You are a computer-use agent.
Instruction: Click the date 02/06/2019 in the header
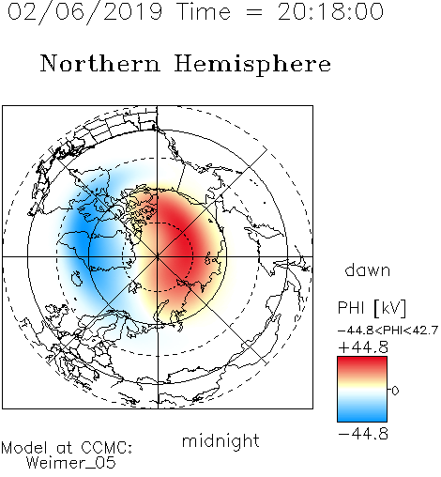[85, 12]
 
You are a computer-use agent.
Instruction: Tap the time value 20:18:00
[330, 11]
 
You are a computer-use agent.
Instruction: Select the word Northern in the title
[100, 63]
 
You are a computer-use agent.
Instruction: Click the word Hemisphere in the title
[252, 65]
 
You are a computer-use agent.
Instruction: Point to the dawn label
[368, 269]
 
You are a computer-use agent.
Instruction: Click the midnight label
[220, 441]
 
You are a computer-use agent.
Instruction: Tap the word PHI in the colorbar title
[351, 307]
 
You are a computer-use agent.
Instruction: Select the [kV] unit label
[390, 308]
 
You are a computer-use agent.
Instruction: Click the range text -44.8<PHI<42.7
[388, 331]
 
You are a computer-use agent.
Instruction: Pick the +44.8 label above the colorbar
[363, 347]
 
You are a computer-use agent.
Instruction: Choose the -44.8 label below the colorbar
[363, 434]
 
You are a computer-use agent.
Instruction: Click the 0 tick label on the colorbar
[395, 391]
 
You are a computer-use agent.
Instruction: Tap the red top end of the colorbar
[362, 359]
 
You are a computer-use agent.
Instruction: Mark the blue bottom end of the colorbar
[362, 419]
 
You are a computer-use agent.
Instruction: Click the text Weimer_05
[71, 462]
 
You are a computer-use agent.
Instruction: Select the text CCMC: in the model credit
[106, 447]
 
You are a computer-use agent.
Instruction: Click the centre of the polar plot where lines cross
[158, 256]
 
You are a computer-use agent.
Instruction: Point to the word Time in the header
[204, 11]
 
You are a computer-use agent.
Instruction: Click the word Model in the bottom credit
[24, 447]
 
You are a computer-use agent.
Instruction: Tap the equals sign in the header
[254, 12]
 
